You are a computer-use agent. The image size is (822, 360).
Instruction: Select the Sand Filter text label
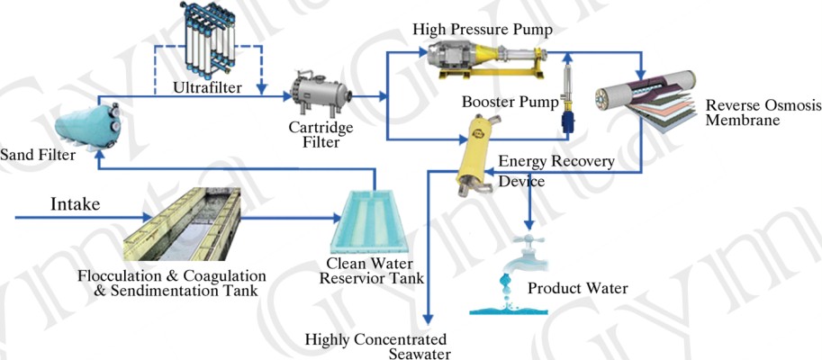(x=37, y=155)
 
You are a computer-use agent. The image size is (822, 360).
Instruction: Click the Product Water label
(x=577, y=289)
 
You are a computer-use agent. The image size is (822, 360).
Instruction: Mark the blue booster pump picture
(x=569, y=112)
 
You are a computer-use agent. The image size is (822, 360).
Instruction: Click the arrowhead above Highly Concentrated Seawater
(x=429, y=320)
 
